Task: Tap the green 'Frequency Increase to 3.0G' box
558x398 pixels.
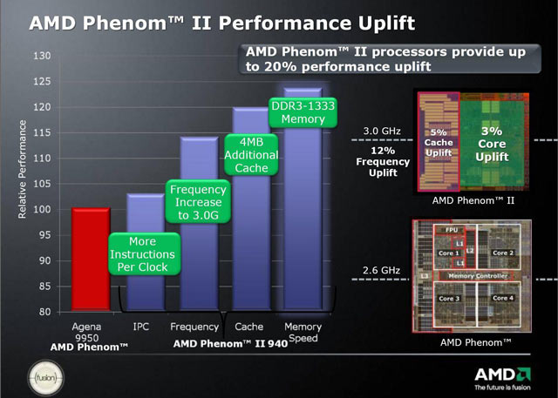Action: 198,202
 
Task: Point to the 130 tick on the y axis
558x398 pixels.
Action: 43,57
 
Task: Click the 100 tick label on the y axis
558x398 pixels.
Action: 43,210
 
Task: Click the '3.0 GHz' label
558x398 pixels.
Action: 380,132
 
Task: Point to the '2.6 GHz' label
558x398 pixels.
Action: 380,271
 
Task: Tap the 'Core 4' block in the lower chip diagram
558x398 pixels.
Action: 502,298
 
